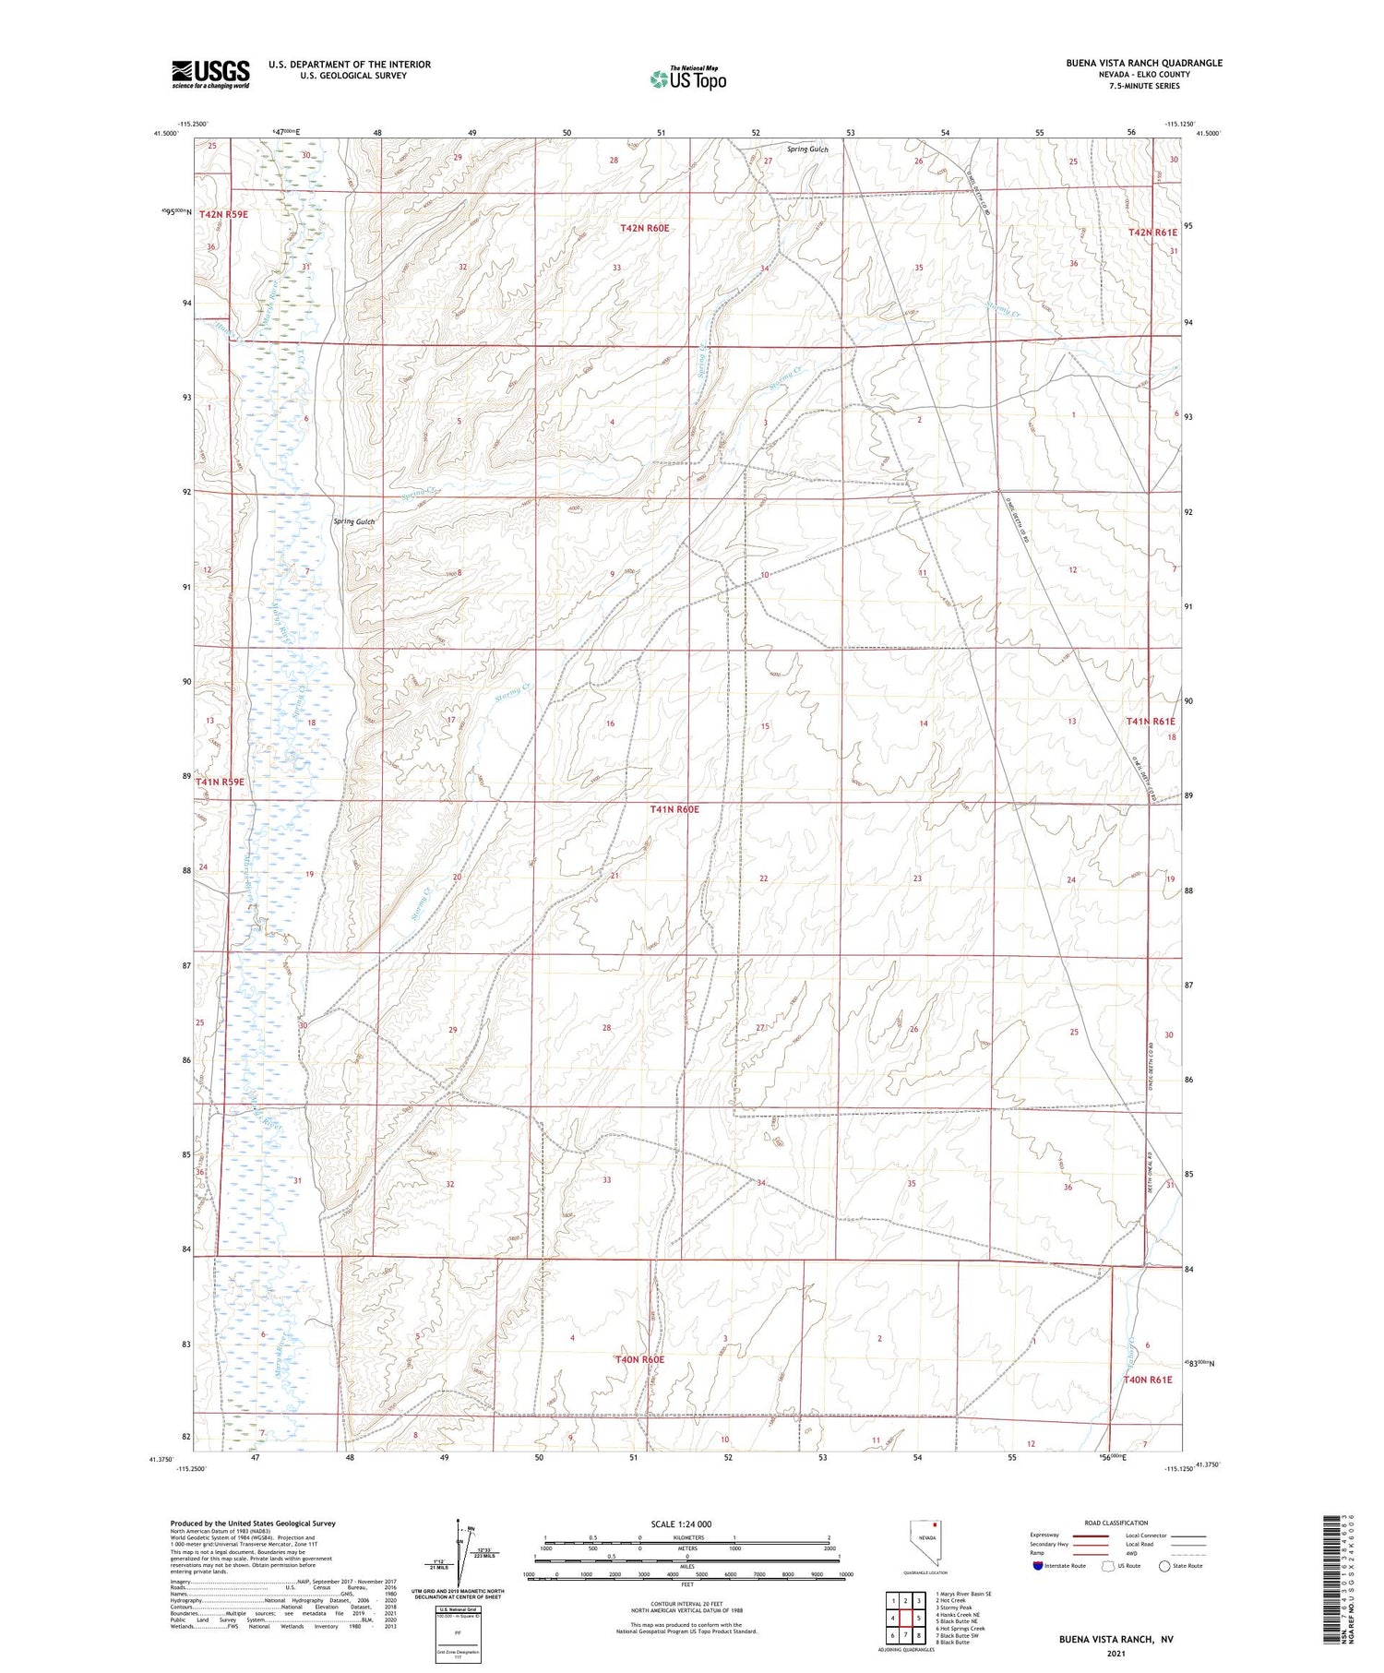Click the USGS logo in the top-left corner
tap(210, 74)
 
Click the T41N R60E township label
tap(674, 809)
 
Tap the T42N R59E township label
tap(223, 214)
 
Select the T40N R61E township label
tap(1147, 1380)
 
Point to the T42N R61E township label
tap(1153, 233)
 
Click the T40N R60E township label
tap(639, 1359)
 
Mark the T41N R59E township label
tap(221, 782)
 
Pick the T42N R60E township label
tap(644, 227)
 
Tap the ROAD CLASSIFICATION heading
tap(1116, 1523)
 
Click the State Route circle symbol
tap(1164, 1566)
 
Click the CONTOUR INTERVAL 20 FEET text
tap(686, 1605)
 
